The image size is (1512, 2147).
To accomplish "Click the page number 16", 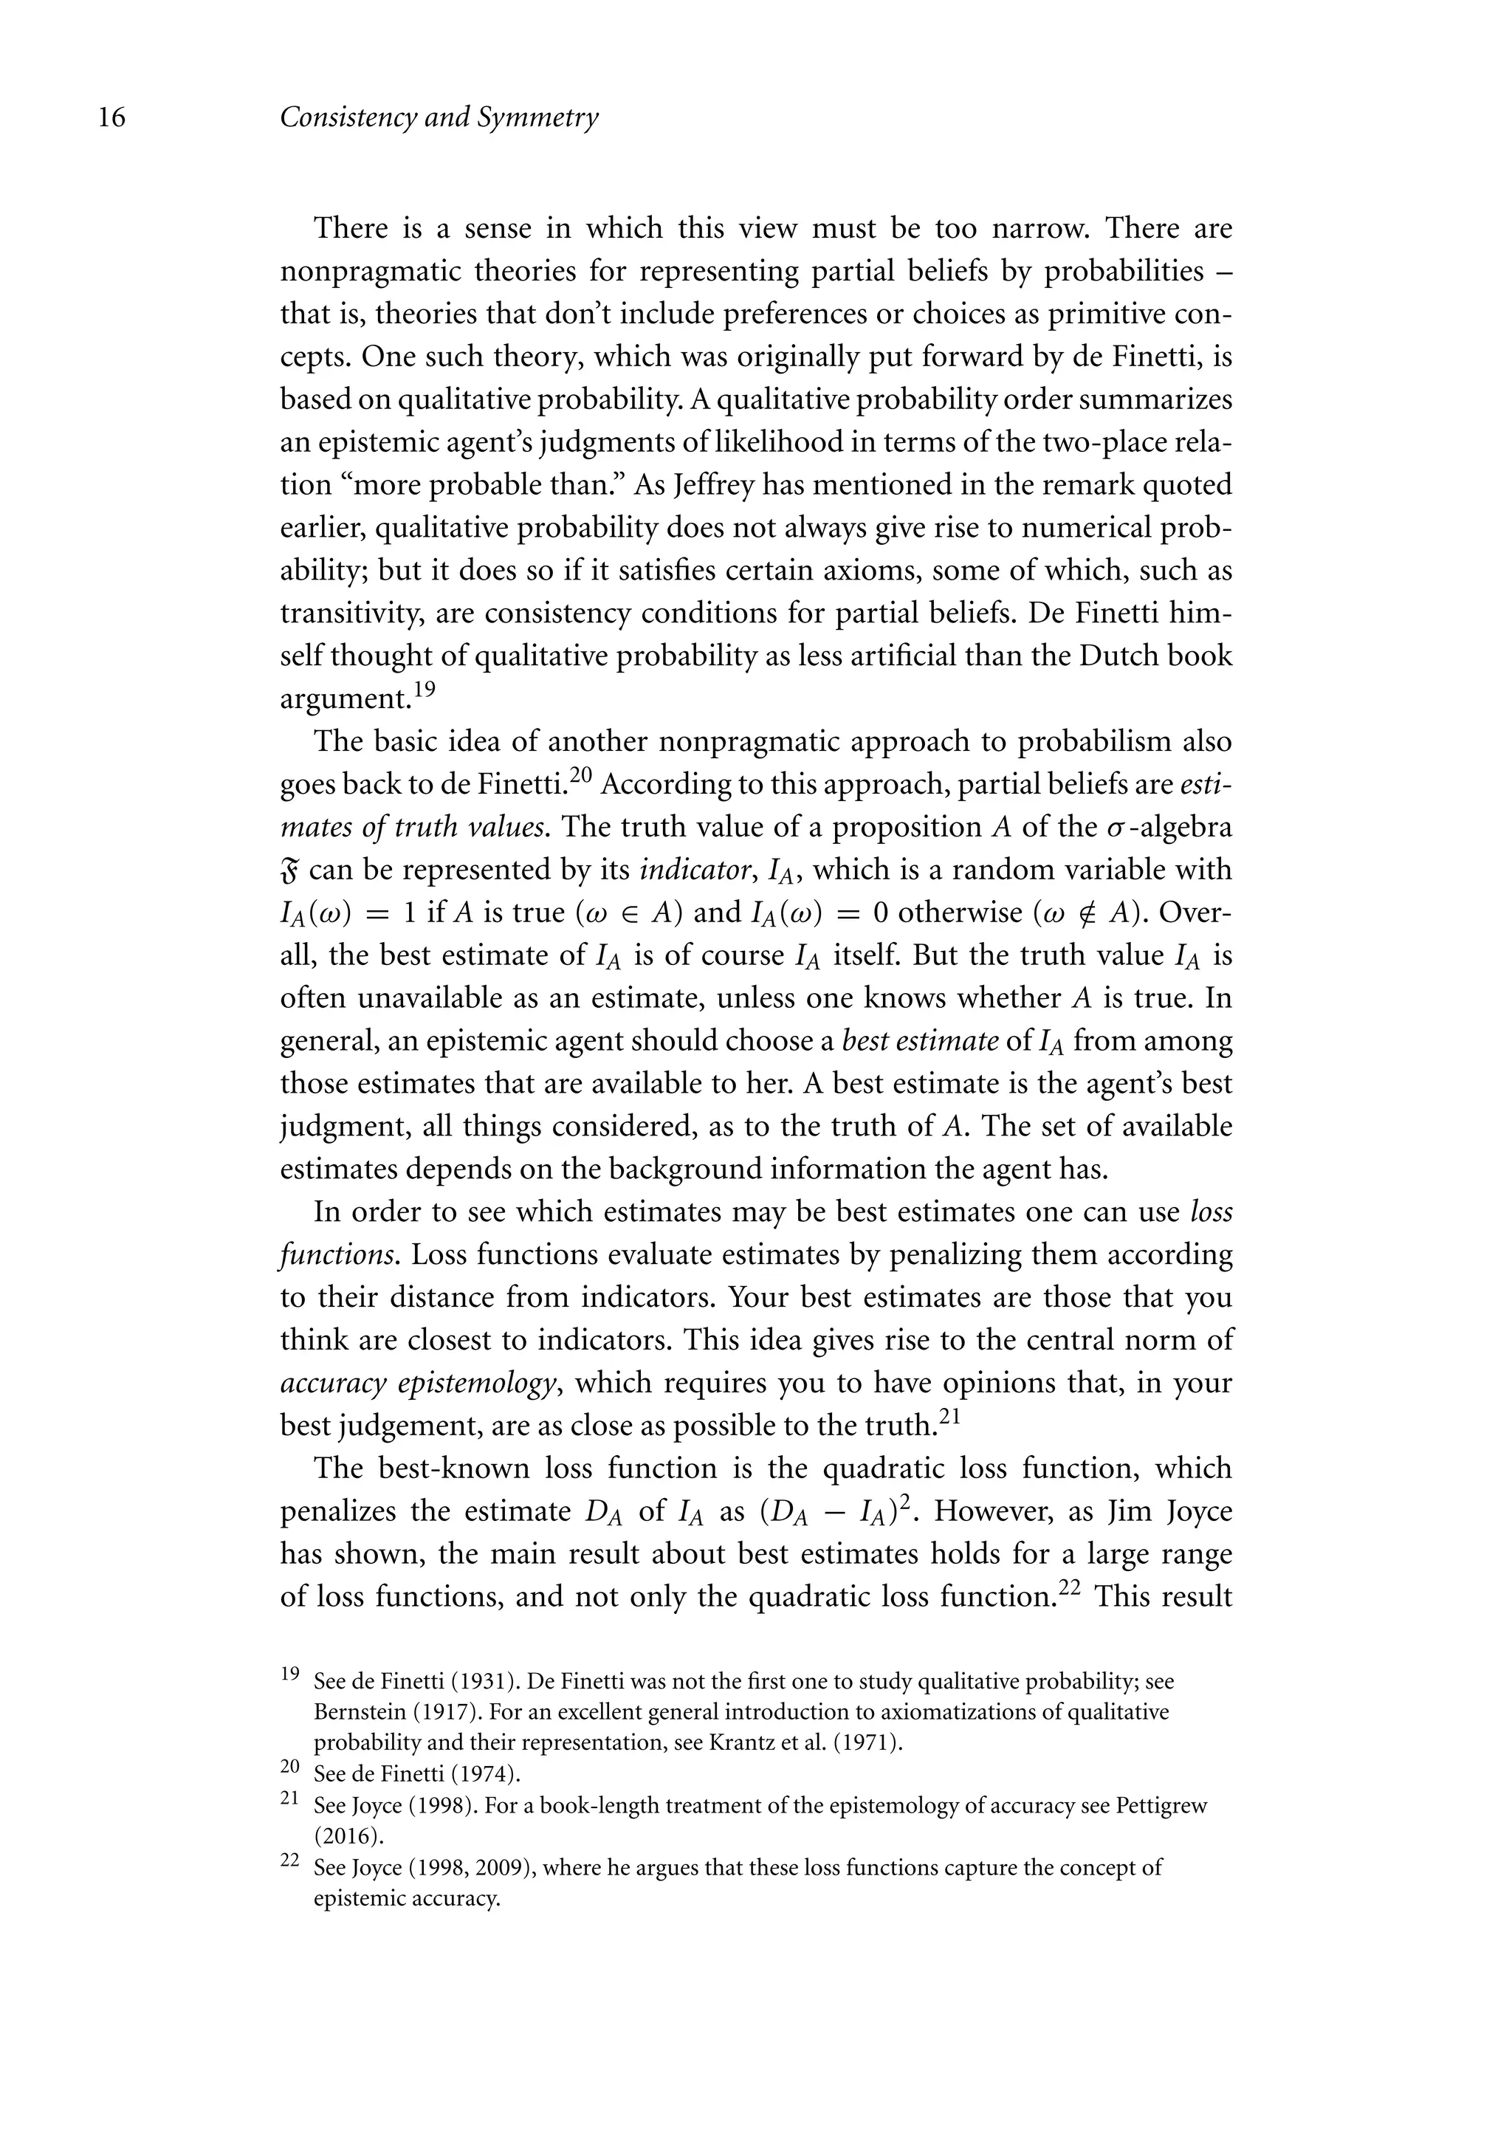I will pyautogui.click(x=111, y=119).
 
